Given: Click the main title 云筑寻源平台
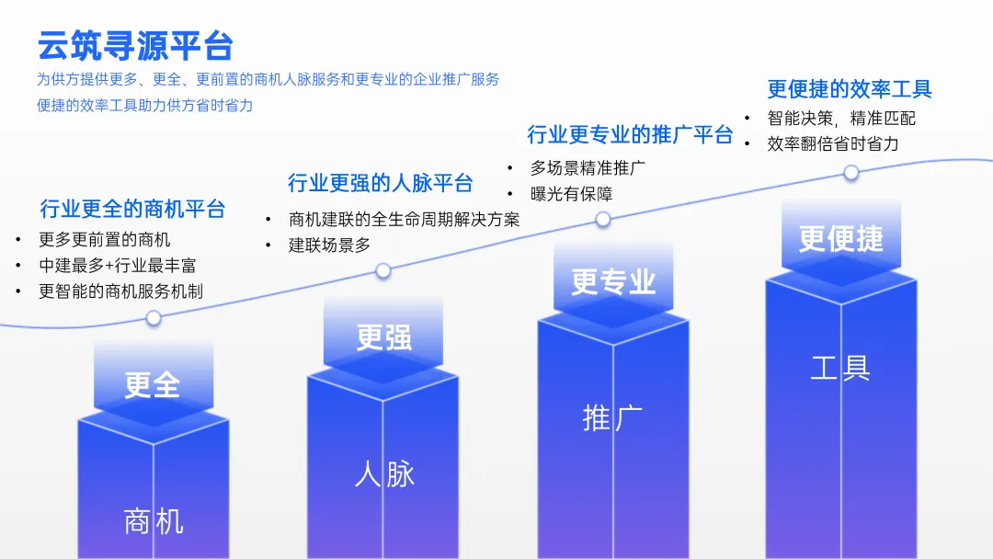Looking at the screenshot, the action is [x=135, y=45].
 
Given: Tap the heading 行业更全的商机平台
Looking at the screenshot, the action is [x=132, y=209].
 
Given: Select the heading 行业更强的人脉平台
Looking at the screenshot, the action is [x=380, y=183].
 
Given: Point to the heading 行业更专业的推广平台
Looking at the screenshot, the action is [x=630, y=135].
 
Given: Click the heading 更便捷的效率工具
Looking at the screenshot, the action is [x=850, y=89].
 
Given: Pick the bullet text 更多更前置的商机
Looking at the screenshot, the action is [x=104, y=240].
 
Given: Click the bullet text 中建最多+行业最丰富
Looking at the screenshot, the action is [x=117, y=266].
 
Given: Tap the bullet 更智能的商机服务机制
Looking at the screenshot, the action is [x=120, y=291].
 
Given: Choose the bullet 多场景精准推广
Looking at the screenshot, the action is [x=588, y=168].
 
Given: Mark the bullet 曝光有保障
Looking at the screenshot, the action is [x=571, y=194].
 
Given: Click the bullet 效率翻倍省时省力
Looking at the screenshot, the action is [x=833, y=144].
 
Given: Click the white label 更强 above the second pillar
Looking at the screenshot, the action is [x=383, y=337].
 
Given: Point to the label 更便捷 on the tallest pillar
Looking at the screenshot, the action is [x=840, y=239].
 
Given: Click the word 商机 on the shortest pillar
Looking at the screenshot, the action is [x=154, y=522].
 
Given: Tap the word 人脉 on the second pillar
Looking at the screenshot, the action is [x=384, y=474].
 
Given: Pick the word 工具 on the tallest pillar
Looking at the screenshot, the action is [x=840, y=368].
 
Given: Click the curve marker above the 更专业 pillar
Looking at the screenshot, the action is [x=603, y=219].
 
